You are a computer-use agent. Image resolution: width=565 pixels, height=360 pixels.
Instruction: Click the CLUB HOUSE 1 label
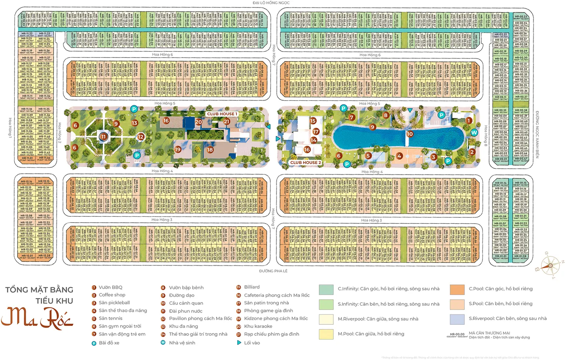222,114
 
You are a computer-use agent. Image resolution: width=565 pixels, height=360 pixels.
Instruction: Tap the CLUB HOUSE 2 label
305,163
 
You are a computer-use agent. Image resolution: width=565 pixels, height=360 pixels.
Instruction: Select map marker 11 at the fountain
103,137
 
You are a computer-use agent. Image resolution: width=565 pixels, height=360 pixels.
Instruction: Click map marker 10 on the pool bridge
410,134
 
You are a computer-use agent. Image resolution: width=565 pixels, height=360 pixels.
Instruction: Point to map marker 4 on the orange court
399,156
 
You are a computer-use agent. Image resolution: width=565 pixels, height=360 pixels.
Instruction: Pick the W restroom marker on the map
474,132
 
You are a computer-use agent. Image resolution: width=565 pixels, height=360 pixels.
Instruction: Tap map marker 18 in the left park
210,150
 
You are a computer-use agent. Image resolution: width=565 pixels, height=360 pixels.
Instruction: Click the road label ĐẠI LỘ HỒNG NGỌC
271,3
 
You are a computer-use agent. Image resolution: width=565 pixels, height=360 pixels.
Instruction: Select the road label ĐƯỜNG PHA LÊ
273,271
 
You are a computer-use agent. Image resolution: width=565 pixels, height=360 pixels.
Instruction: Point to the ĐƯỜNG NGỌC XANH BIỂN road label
537,134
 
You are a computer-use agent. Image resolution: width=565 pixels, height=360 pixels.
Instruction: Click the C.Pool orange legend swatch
457,289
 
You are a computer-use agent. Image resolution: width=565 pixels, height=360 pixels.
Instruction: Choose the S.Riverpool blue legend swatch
457,319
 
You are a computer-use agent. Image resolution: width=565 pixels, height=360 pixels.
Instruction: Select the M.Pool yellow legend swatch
326,334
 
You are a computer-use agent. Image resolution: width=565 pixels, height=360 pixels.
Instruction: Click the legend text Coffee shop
112,295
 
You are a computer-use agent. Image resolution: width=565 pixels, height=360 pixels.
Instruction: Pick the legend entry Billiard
252,287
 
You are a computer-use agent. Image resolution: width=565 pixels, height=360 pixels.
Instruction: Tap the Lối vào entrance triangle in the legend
239,343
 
